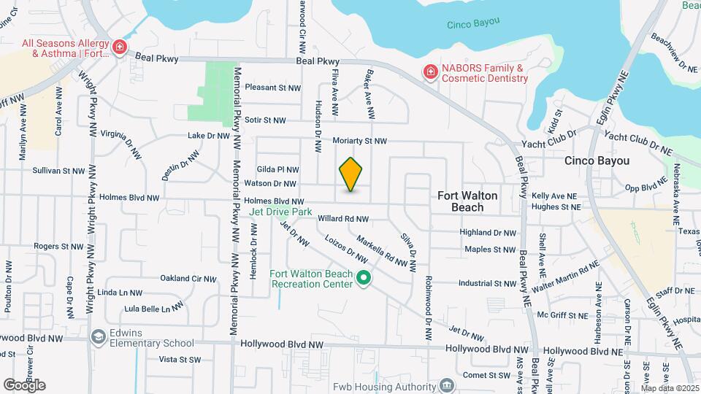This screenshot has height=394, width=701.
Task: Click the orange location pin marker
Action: [351, 174]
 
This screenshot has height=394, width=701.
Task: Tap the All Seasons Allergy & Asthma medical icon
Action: [119, 48]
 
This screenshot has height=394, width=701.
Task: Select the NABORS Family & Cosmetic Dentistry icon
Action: [431, 72]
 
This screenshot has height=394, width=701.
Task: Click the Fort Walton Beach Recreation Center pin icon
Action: [363, 278]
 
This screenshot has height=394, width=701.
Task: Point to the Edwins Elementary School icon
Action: [98, 337]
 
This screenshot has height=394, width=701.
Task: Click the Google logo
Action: [25, 385]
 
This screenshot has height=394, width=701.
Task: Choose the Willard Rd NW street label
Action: [342, 218]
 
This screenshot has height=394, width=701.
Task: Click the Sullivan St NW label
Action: [59, 170]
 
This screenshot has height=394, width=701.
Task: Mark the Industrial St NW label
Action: [487, 283]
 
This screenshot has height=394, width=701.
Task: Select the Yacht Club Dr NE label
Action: [637, 142]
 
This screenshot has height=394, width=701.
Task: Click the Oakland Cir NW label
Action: [188, 278]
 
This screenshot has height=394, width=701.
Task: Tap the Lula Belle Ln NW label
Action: [153, 309]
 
